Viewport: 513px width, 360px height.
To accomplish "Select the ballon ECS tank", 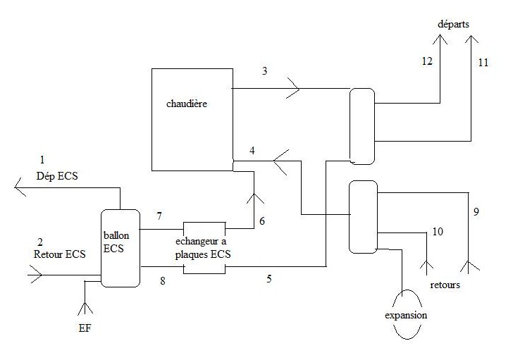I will point(120,247).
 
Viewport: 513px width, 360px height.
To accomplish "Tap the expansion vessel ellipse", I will point(406,314).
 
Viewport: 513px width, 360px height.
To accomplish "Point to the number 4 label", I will point(252,149).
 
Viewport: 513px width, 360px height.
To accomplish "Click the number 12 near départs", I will point(427,61).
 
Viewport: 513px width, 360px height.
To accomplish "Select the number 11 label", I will point(482,63).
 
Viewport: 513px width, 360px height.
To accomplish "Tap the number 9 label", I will point(477,211).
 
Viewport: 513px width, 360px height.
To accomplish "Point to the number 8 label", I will point(163,280).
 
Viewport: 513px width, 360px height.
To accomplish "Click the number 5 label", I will point(268,278).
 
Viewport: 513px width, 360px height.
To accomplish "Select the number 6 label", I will point(262,221).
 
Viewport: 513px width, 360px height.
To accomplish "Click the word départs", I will point(452,24).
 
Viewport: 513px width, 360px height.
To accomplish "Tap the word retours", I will point(445,285).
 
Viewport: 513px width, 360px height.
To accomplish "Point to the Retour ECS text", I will point(60,254).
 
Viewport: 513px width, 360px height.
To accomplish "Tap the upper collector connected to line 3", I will point(361,125).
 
